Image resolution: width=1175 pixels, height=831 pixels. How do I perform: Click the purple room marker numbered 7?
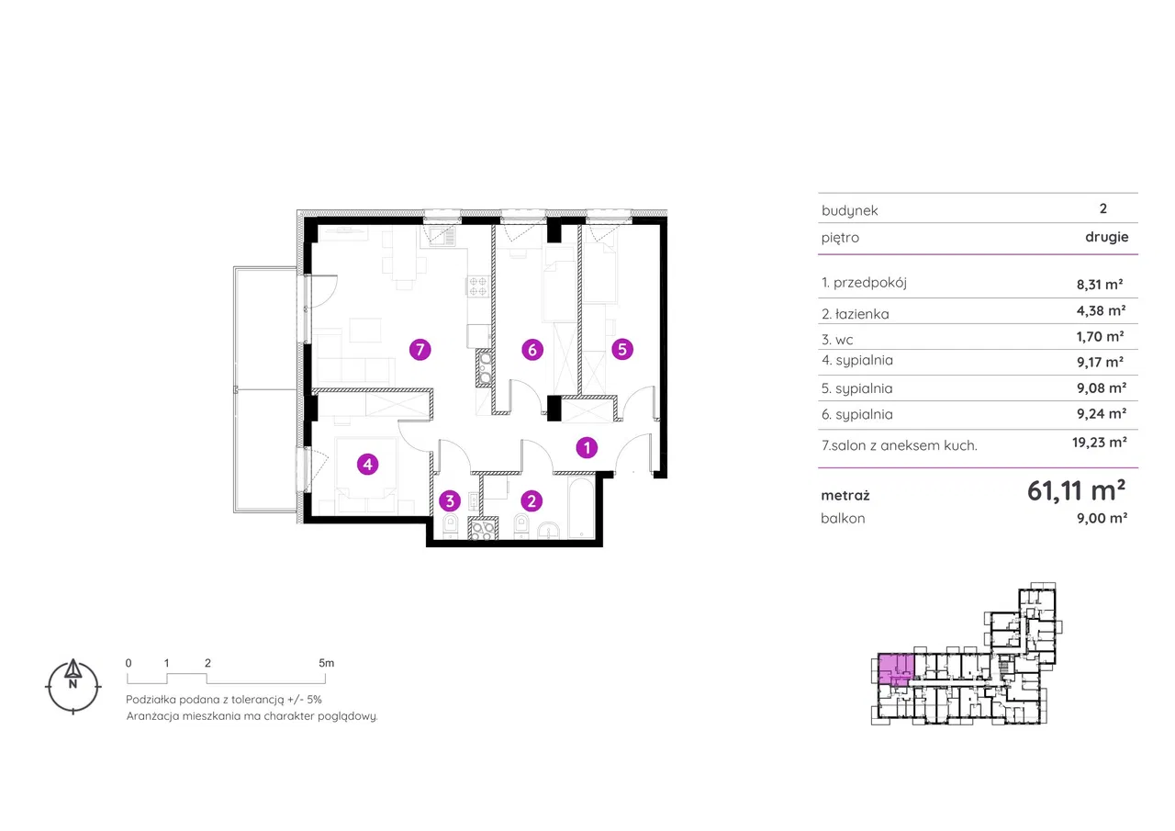(420, 350)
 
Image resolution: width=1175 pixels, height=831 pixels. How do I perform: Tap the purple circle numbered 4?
(368, 465)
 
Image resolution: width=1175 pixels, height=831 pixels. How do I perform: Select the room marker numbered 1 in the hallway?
(587, 447)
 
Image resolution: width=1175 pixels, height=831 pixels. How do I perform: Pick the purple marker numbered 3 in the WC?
(450, 501)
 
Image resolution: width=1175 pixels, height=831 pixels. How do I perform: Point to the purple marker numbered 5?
(622, 349)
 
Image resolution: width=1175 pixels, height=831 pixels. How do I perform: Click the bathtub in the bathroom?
(582, 507)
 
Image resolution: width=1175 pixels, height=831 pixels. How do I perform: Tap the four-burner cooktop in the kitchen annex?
(478, 286)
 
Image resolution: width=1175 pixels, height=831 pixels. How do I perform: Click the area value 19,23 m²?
(1099, 443)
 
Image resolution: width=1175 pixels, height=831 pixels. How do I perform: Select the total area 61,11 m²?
(1076, 490)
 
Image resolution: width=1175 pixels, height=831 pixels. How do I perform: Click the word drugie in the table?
(1107, 237)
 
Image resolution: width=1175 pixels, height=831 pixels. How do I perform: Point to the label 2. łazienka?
(855, 314)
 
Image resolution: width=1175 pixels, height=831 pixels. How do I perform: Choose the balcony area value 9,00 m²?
(1102, 518)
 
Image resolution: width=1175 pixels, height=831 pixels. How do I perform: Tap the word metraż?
(845, 495)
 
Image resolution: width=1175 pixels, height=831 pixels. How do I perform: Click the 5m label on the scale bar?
(326, 663)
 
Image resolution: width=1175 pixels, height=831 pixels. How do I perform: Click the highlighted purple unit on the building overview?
(896, 669)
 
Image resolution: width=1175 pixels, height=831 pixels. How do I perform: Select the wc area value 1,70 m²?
(1100, 336)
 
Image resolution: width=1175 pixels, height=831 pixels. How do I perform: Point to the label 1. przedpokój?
(864, 283)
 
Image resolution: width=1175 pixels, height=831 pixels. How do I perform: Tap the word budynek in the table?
(850, 210)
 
